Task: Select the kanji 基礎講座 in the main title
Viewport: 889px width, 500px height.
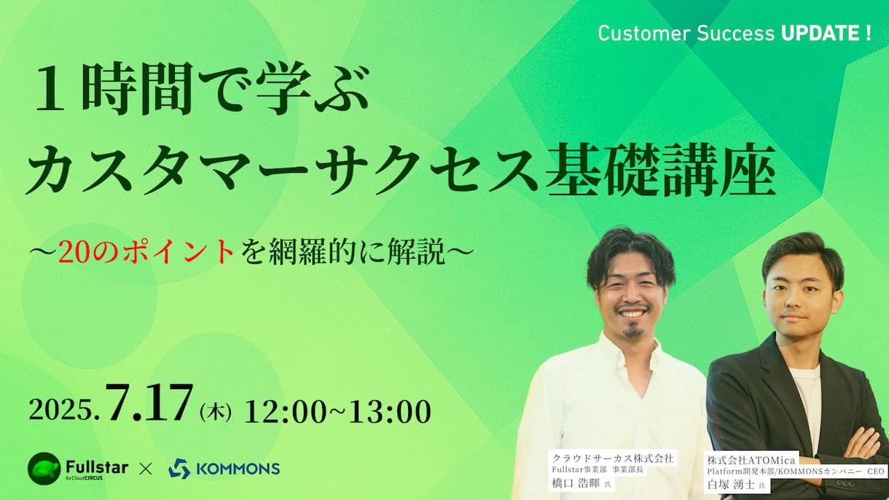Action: click(660, 169)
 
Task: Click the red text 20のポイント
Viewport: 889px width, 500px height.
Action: click(146, 252)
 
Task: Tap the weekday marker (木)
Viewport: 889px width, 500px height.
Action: click(216, 412)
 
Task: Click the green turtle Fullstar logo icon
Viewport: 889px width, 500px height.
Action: click(44, 468)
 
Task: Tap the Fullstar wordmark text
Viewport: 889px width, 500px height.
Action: click(97, 467)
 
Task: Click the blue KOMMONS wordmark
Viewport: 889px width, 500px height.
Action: click(238, 469)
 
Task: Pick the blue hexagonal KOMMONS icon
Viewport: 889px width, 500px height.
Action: click(179, 469)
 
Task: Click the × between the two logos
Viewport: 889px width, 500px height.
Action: click(146, 469)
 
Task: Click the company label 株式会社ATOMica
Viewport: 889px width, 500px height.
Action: click(751, 461)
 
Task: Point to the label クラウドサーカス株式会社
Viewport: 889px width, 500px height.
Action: click(613, 458)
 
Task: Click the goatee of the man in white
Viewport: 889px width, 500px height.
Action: click(633, 332)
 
